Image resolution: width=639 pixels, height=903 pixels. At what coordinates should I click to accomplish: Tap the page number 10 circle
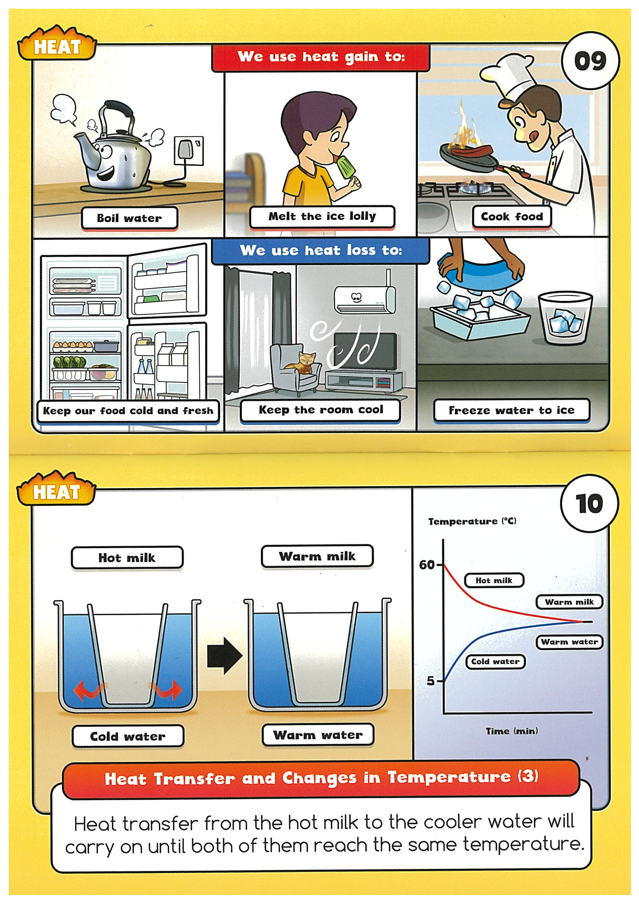tap(589, 504)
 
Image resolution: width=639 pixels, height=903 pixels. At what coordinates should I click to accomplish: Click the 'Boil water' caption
tap(130, 218)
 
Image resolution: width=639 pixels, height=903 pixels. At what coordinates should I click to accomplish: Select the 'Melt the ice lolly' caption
tap(322, 217)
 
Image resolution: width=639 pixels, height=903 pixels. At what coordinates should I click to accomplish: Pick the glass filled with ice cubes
tap(565, 318)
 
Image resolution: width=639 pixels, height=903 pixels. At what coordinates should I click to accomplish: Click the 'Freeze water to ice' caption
tap(511, 410)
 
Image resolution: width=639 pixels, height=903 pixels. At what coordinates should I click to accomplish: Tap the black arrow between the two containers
tap(224, 655)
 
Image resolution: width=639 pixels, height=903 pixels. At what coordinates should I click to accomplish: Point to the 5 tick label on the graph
tap(431, 680)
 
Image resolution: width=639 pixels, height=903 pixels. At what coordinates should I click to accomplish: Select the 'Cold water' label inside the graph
tap(495, 661)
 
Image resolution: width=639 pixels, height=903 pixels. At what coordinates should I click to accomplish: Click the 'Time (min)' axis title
tap(512, 731)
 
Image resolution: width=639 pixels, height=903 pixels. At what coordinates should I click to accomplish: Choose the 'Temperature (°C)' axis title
tap(472, 521)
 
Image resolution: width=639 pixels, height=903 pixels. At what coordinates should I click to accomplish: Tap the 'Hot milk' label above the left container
tap(127, 558)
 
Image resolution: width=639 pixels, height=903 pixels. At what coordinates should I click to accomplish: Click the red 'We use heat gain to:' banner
tap(321, 57)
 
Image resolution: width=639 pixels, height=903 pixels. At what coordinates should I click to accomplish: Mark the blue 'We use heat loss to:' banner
tap(321, 251)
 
